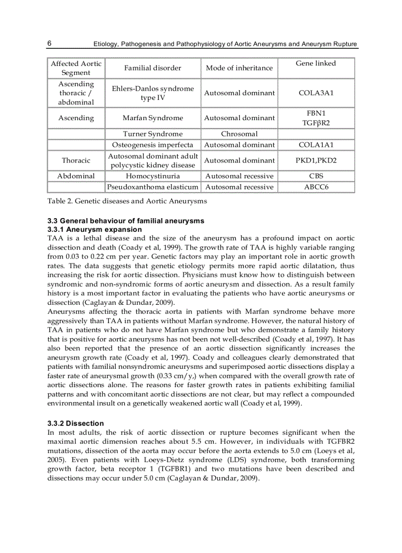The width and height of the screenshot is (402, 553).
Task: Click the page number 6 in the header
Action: pyautogui.click(x=50, y=43)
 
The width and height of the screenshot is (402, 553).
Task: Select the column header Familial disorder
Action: pyautogui.click(x=153, y=68)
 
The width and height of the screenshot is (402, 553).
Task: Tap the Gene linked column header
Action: pyautogui.click(x=316, y=64)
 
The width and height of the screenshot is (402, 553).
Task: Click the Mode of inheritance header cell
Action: pyautogui.click(x=239, y=68)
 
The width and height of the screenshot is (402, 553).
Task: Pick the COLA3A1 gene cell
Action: pyautogui.click(x=316, y=93)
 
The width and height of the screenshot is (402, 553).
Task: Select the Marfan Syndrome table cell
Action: pyautogui.click(x=153, y=118)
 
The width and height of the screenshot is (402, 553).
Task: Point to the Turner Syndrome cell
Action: pyautogui.click(x=153, y=134)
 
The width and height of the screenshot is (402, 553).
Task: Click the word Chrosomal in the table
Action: pyautogui.click(x=239, y=134)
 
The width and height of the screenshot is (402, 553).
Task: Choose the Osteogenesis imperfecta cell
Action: pyautogui.click(x=153, y=145)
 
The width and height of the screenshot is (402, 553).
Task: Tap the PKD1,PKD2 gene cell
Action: pyautogui.click(x=316, y=161)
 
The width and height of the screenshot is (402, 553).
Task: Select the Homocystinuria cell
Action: pyautogui.click(x=153, y=176)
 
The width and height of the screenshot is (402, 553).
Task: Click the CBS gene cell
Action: pyautogui.click(x=316, y=176)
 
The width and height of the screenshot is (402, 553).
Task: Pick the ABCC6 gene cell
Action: pyautogui.click(x=316, y=187)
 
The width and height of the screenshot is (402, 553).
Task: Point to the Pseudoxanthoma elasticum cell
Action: pyautogui.click(x=153, y=187)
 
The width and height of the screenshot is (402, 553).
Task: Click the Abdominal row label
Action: pyautogui.click(x=76, y=176)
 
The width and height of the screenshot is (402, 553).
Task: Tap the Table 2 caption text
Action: pyautogui.click(x=127, y=201)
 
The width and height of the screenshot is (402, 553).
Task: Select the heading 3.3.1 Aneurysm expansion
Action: pyautogui.click(x=95, y=229)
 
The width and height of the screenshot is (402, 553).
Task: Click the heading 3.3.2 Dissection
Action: pyautogui.click(x=75, y=423)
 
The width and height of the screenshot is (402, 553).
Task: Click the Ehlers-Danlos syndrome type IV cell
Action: pyautogui.click(x=153, y=93)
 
